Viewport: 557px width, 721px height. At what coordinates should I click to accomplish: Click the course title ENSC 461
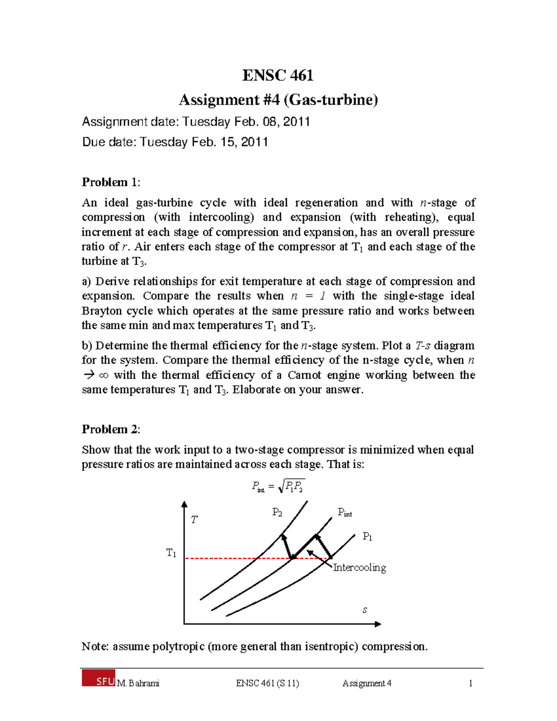click(x=278, y=75)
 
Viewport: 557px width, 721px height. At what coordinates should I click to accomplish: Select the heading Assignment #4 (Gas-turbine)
click(x=278, y=100)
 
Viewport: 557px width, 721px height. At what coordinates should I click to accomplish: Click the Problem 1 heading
click(x=110, y=182)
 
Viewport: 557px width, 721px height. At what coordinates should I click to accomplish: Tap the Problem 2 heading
click(x=110, y=429)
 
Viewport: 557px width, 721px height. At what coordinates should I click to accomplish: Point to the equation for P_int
click(x=278, y=487)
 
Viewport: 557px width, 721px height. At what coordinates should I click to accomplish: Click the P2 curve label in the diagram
click(x=277, y=513)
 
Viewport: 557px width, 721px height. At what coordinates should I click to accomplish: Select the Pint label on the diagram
click(x=345, y=513)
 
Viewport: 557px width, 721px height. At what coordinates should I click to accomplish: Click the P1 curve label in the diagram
click(x=367, y=537)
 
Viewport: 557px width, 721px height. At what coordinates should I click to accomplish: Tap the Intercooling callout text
click(x=360, y=568)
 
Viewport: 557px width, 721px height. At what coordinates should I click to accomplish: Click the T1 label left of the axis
click(x=171, y=553)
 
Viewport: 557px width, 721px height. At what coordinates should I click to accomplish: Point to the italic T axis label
click(x=194, y=520)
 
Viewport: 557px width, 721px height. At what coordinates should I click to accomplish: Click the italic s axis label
click(x=365, y=610)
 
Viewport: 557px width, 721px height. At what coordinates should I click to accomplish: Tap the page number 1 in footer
click(x=471, y=683)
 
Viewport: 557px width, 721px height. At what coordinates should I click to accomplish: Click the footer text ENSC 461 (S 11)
click(x=267, y=683)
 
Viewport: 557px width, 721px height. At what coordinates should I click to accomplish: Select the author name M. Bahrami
click(x=138, y=683)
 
